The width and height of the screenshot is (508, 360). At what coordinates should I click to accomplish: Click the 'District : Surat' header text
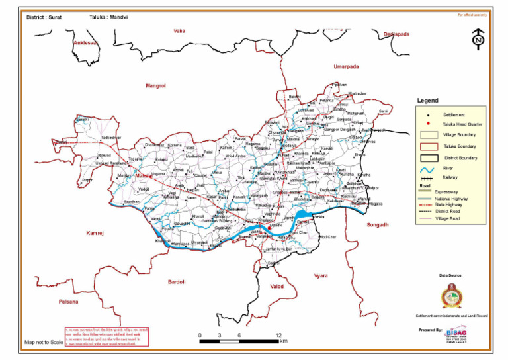(44, 16)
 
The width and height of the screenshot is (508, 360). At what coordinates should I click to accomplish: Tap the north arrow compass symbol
(478, 39)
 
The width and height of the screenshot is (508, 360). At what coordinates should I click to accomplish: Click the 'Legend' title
(427, 101)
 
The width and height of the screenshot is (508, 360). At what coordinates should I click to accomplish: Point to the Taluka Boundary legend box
(429, 146)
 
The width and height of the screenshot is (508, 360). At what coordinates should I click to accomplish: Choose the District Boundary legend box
(429, 158)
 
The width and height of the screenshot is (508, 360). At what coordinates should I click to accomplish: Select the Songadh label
(378, 225)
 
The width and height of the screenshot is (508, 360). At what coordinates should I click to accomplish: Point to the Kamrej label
(95, 233)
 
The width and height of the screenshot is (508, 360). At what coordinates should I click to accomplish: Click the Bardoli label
(177, 282)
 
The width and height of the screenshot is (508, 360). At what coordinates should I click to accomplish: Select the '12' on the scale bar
(279, 336)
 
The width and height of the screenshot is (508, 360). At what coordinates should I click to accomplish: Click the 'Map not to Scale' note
(44, 343)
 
